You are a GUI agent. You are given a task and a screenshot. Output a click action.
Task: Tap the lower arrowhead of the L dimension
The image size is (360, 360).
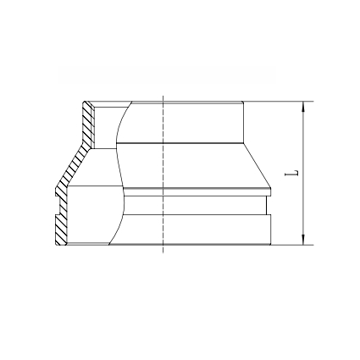tap(302, 240)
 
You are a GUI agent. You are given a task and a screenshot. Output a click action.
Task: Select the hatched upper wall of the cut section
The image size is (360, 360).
tap(88, 125)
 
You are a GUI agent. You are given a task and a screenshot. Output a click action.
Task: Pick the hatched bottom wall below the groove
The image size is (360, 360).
tap(62, 230)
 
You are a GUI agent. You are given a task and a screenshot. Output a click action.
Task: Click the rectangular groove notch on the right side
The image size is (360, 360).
tap(269, 206)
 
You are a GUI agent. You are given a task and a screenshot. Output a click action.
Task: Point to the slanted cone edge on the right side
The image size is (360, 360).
tap(258, 165)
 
